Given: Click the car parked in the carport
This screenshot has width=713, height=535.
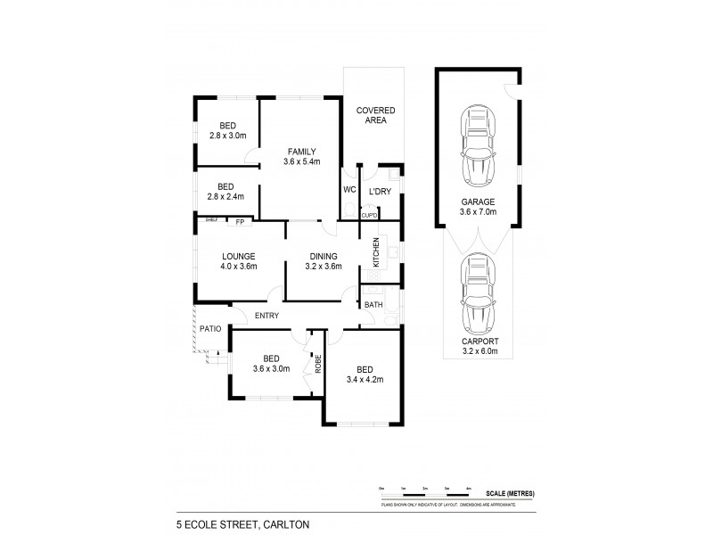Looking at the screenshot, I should pyautogui.click(x=479, y=293).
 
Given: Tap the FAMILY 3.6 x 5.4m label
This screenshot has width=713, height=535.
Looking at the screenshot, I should pyautogui.click(x=301, y=156).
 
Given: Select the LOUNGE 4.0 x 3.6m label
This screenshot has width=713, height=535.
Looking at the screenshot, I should pyautogui.click(x=239, y=260).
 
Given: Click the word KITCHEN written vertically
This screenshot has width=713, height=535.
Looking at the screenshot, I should pyautogui.click(x=376, y=253).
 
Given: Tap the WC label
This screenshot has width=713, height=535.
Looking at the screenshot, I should pyautogui.click(x=349, y=191).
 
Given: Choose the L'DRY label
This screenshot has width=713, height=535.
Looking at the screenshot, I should pyautogui.click(x=382, y=191).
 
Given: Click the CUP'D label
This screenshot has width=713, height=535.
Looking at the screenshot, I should pyautogui.click(x=369, y=215).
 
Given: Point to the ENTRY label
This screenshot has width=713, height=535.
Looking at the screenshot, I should pyautogui.click(x=266, y=316).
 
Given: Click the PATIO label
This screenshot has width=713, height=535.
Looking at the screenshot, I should pyautogui.click(x=209, y=329).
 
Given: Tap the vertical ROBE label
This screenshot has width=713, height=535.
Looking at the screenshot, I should pyautogui.click(x=316, y=365).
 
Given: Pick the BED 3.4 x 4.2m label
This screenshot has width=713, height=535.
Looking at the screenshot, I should pyautogui.click(x=365, y=374).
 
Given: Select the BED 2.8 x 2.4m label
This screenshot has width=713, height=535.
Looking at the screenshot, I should pyautogui.click(x=226, y=192).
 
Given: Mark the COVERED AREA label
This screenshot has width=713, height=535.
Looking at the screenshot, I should pyautogui.click(x=375, y=114).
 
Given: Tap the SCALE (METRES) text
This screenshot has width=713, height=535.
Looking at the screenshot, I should pyautogui.click(x=510, y=492).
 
